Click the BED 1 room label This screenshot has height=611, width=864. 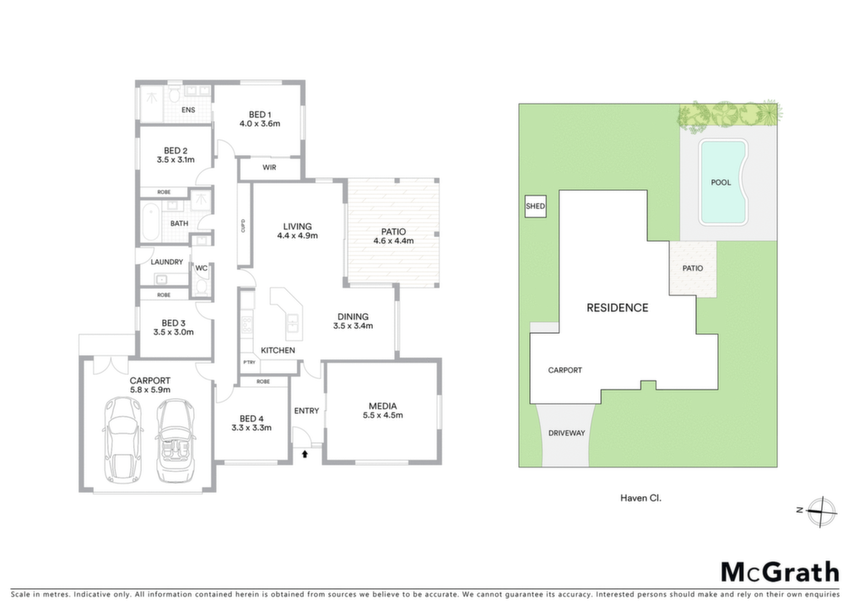[260, 115]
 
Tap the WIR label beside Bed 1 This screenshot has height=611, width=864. [269, 167]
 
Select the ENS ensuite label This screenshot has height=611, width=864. [188, 111]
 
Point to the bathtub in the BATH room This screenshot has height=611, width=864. [150, 223]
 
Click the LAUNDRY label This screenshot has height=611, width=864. [167, 262]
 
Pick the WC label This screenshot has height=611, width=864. [202, 268]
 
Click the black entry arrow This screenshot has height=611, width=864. [305, 454]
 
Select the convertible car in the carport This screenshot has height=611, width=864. [175, 441]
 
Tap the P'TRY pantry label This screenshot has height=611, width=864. [249, 363]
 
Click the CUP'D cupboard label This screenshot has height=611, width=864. [243, 226]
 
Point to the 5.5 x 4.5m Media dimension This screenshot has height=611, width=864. [383, 415]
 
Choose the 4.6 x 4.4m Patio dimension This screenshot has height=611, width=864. [393, 241]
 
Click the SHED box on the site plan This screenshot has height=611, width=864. [535, 207]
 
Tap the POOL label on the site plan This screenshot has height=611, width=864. [721, 182]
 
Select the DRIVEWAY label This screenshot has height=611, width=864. [566, 433]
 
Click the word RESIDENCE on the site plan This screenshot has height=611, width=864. [617, 308]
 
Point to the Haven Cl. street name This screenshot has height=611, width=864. [641, 498]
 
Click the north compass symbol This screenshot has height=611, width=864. [820, 511]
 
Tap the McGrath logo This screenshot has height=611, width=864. [780, 573]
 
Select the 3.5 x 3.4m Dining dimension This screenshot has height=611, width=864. [354, 326]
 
